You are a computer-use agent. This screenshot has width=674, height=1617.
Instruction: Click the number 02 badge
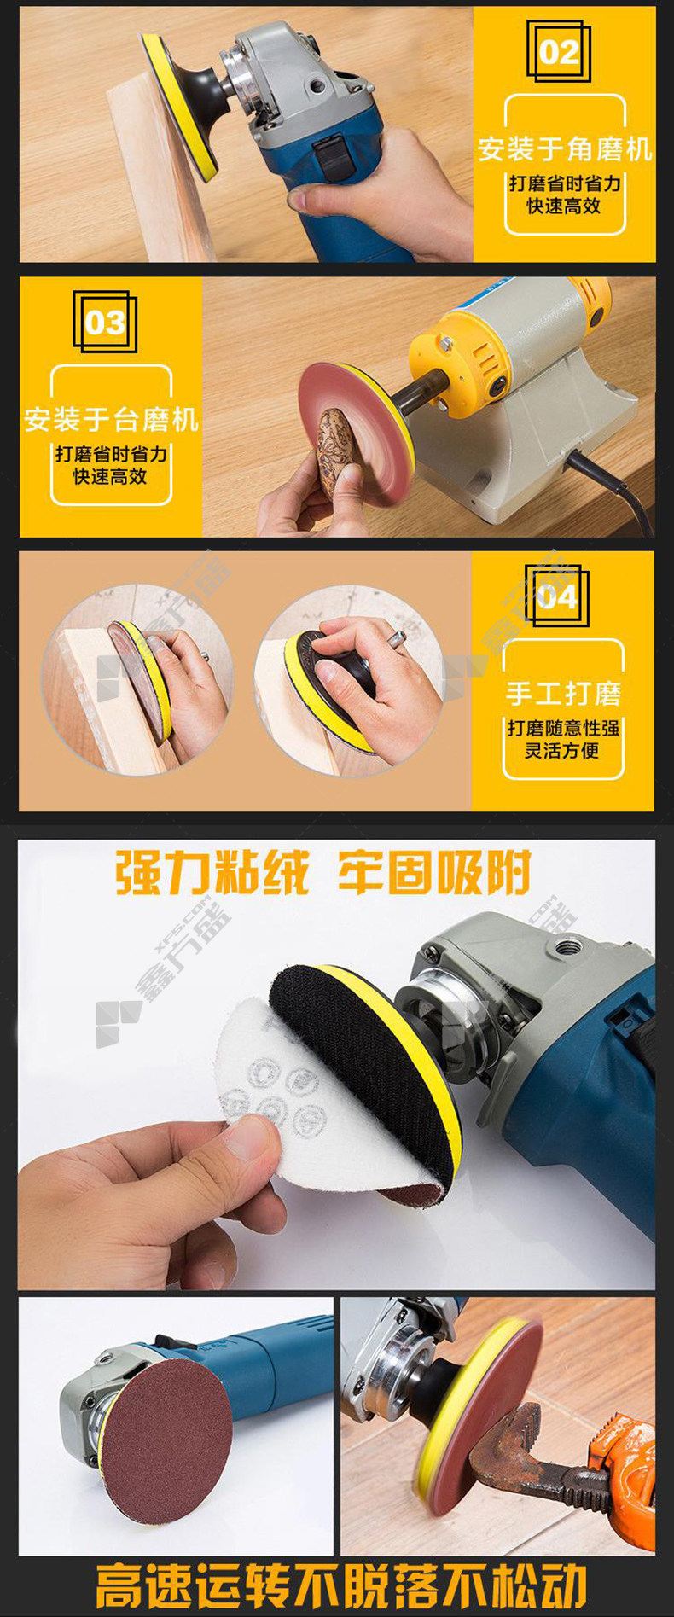[x=558, y=53]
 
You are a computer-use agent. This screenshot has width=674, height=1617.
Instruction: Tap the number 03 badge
[x=105, y=323]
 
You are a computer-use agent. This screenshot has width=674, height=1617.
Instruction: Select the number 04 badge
[x=556, y=596]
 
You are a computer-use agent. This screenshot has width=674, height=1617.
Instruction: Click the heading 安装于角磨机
[x=565, y=149]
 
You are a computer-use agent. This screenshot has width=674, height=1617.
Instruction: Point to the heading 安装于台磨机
[x=111, y=419]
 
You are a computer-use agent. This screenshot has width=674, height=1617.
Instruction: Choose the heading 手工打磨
[x=563, y=693]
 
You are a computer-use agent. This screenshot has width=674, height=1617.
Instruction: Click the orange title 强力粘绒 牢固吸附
[x=323, y=871]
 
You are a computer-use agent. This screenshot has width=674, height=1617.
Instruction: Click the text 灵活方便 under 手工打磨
[x=562, y=751]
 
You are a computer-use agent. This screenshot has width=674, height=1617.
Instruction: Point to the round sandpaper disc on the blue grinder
[x=166, y=1443]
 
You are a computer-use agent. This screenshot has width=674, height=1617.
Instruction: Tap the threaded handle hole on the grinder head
[x=567, y=947]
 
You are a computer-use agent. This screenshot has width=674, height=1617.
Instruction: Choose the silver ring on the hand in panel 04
[x=397, y=637]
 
